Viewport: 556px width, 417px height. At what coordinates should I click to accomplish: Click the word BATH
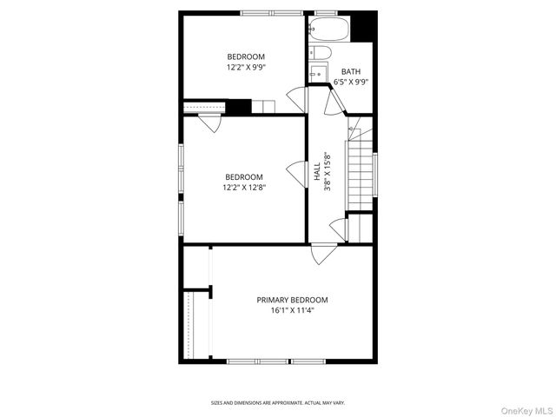[351, 72]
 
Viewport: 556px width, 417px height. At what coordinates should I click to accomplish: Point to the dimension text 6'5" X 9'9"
[351, 83]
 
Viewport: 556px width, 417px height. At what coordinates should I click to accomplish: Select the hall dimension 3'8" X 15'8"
[328, 173]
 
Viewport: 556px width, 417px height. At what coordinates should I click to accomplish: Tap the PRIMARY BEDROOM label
[292, 300]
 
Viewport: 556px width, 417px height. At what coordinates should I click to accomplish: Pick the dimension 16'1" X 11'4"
[292, 310]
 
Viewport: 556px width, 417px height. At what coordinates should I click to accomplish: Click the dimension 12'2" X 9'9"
[246, 67]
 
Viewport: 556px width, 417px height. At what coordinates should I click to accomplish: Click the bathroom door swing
[333, 103]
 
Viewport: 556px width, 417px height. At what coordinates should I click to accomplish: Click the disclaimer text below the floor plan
[278, 403]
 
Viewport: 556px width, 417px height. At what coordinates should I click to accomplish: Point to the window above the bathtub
[326, 12]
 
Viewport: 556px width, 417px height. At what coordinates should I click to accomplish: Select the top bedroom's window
[272, 12]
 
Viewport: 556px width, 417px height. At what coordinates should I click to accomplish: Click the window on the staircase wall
[375, 172]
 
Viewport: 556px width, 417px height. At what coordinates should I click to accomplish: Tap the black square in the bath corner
[365, 27]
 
